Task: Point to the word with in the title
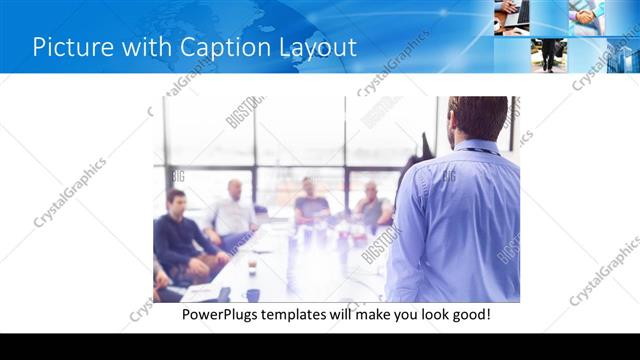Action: coord(144,47)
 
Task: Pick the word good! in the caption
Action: coord(468,315)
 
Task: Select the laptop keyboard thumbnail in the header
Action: coord(511,17)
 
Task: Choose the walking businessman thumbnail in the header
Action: coord(548,54)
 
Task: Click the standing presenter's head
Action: coord(478,118)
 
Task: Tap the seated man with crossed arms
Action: coord(372,207)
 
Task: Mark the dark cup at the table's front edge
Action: coord(253,295)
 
